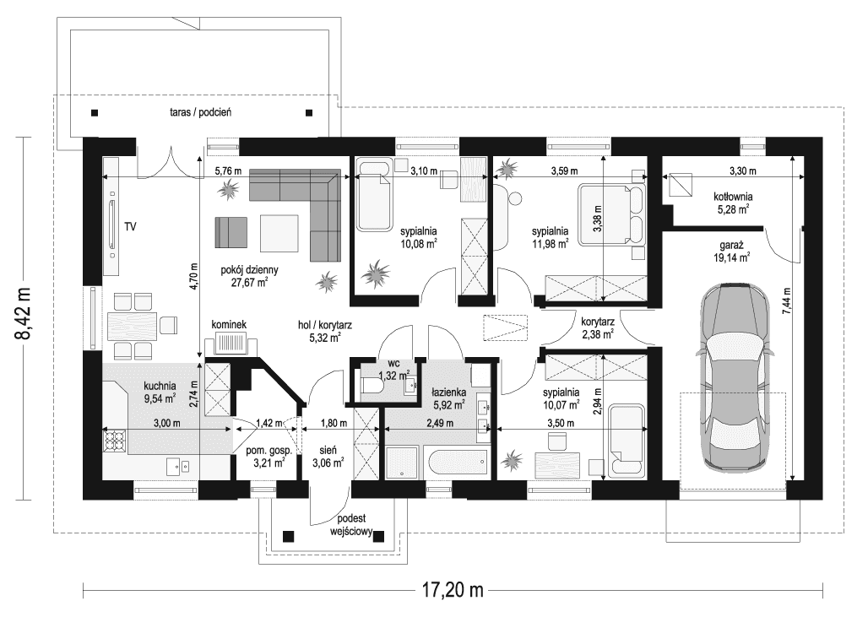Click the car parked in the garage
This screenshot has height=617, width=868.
[x=735, y=376]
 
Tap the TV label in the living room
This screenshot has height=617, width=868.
[x=130, y=226]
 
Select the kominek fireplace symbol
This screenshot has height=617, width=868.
[x=231, y=344]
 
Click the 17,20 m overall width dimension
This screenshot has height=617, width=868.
[x=453, y=591]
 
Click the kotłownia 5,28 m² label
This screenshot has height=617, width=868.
[x=733, y=203]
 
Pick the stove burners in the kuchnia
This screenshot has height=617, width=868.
[x=115, y=441]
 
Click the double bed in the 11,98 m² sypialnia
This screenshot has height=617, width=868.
[x=611, y=214]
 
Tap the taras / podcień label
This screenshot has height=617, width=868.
[x=200, y=112]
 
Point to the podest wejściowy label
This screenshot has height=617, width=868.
[x=351, y=525]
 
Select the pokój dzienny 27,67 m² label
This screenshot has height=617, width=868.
[x=249, y=276]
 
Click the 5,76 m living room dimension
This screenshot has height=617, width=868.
[x=228, y=171]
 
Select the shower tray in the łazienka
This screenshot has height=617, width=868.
[x=403, y=463]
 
